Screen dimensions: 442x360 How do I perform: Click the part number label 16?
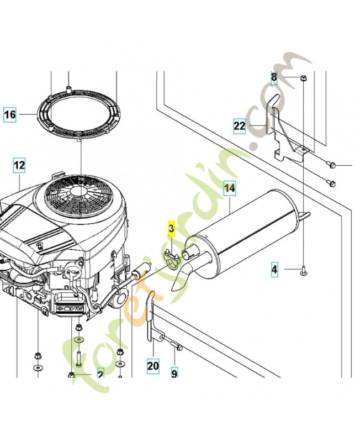(10, 115)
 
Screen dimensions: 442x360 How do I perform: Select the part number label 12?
(19, 165)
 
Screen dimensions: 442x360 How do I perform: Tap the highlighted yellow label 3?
(171, 228)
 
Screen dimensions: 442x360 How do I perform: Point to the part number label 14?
(229, 188)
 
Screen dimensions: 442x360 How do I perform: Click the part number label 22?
(239, 126)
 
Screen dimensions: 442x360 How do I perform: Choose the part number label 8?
(274, 77)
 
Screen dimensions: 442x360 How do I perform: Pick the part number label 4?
(274, 270)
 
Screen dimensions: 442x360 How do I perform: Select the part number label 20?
(153, 365)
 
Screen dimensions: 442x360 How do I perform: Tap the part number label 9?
(174, 374)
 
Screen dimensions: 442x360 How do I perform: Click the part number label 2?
(100, 374)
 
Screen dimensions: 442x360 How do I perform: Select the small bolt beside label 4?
(304, 270)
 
